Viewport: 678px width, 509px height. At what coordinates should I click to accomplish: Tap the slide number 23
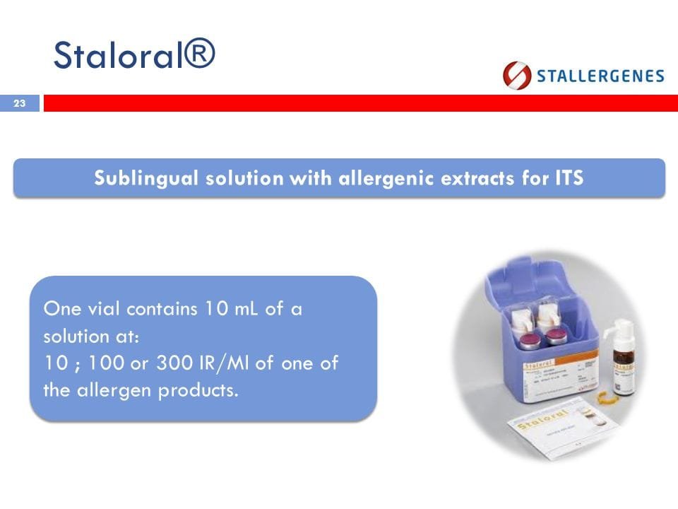(19, 104)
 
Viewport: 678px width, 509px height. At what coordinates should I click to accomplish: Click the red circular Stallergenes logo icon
(517, 76)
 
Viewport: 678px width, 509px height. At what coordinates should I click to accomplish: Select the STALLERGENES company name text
(600, 76)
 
